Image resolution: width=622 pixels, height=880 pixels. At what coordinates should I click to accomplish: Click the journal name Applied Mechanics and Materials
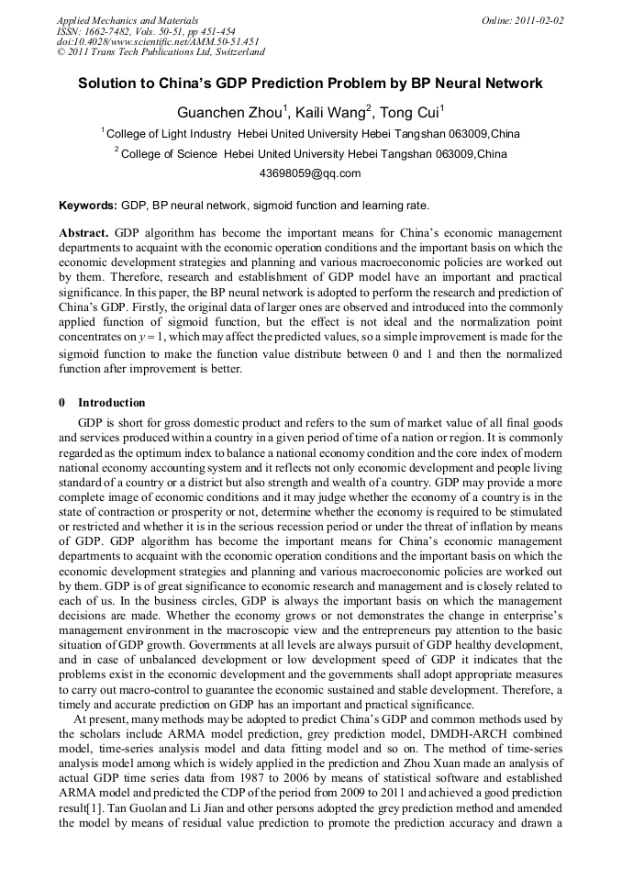(x=127, y=19)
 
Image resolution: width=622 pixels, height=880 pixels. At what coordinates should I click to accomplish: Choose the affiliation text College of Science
(x=170, y=154)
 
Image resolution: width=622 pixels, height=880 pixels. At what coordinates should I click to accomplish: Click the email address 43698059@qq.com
(x=310, y=173)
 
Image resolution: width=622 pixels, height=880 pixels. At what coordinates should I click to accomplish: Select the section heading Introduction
(x=111, y=403)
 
